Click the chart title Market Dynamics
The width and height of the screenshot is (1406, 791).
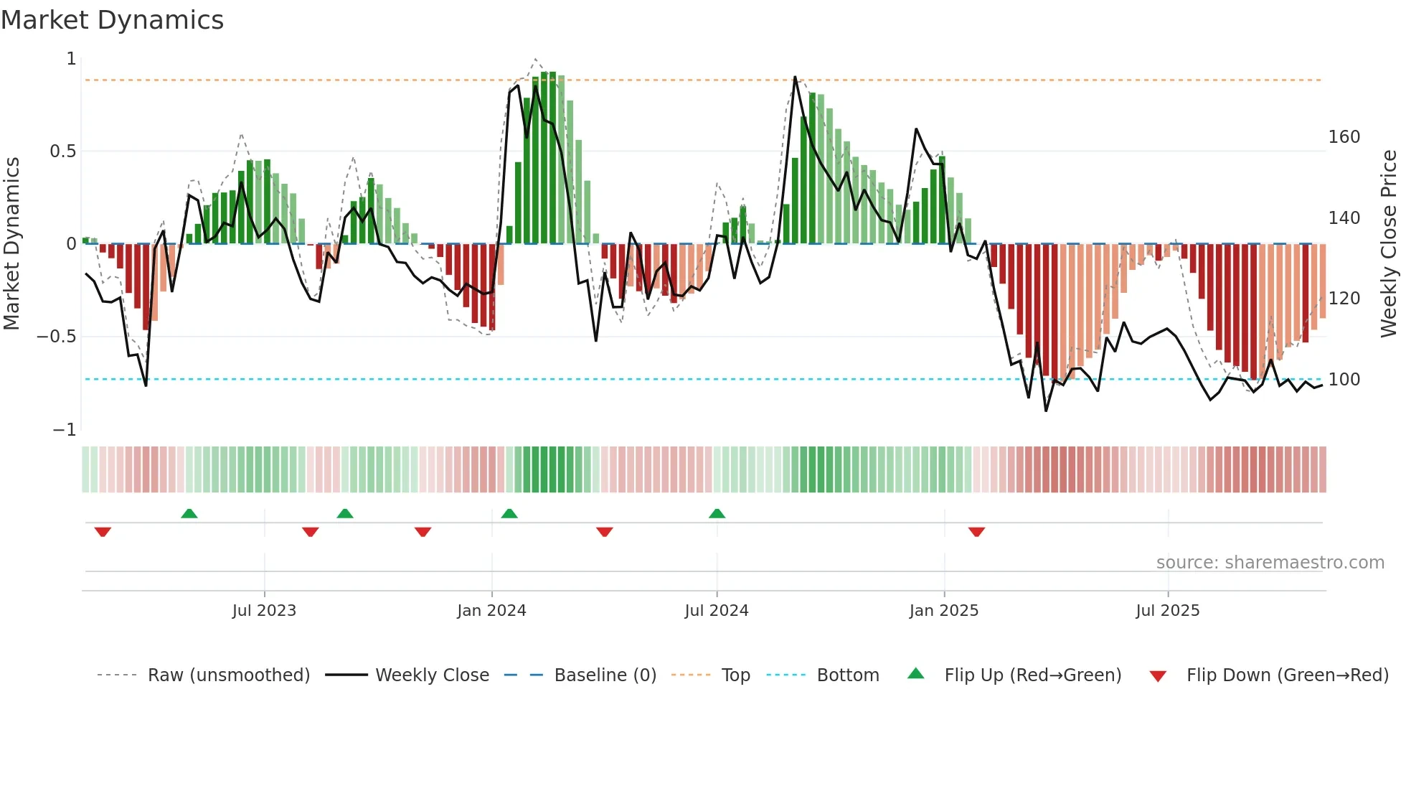[x=112, y=20]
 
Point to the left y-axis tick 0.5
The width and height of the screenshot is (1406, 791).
[x=62, y=151]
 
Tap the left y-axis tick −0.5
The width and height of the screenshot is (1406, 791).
[x=57, y=337]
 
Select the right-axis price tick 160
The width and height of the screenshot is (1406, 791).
[x=1344, y=137]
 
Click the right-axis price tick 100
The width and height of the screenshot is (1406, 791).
[x=1344, y=380]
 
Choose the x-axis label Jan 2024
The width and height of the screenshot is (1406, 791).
[x=491, y=611]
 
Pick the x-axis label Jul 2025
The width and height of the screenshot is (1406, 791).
[x=1167, y=611]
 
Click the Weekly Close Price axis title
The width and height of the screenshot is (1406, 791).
[x=1389, y=244]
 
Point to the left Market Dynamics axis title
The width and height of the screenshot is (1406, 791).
[x=11, y=244]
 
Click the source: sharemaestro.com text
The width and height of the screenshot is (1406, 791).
[x=1270, y=563]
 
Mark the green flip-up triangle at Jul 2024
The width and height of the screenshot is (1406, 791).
[x=717, y=513]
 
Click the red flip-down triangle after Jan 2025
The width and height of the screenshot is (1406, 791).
[x=976, y=532]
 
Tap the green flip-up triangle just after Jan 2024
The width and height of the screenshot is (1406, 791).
[x=509, y=513]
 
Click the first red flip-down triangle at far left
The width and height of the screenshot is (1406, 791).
[x=103, y=532]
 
